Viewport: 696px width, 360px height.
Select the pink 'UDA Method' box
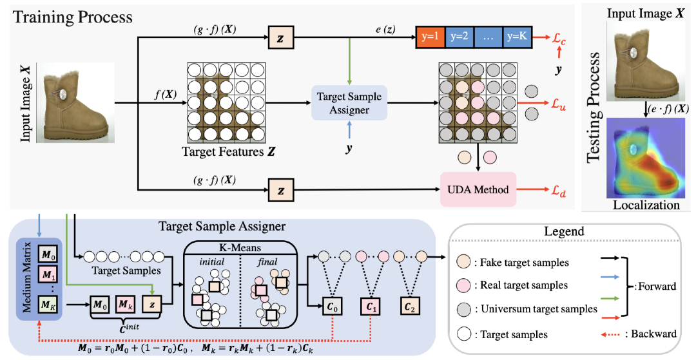pos(479,189)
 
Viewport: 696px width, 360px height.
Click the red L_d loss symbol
pos(558,190)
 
